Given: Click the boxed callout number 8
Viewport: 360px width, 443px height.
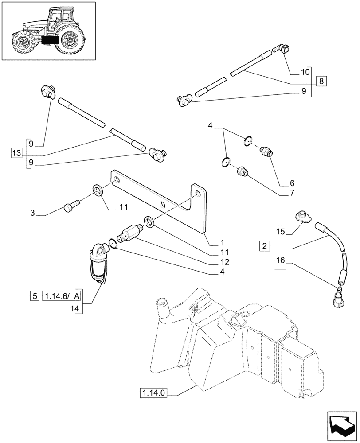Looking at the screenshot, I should (321, 81).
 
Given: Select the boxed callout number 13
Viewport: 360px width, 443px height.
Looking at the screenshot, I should (16, 153).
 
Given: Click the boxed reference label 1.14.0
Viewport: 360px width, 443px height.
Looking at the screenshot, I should (155, 393).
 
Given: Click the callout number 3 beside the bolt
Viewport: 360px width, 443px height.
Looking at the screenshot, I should (33, 214).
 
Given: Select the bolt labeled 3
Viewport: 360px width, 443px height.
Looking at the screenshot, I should (71, 206).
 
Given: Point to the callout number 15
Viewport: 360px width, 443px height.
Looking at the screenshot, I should (280, 231).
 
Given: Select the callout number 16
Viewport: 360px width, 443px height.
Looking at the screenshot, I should (280, 262).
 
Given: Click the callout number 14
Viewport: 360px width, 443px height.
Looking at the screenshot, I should (74, 309).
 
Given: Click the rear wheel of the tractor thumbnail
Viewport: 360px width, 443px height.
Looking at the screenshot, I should (70, 41).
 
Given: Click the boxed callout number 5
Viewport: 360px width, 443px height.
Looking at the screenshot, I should (35, 296).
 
